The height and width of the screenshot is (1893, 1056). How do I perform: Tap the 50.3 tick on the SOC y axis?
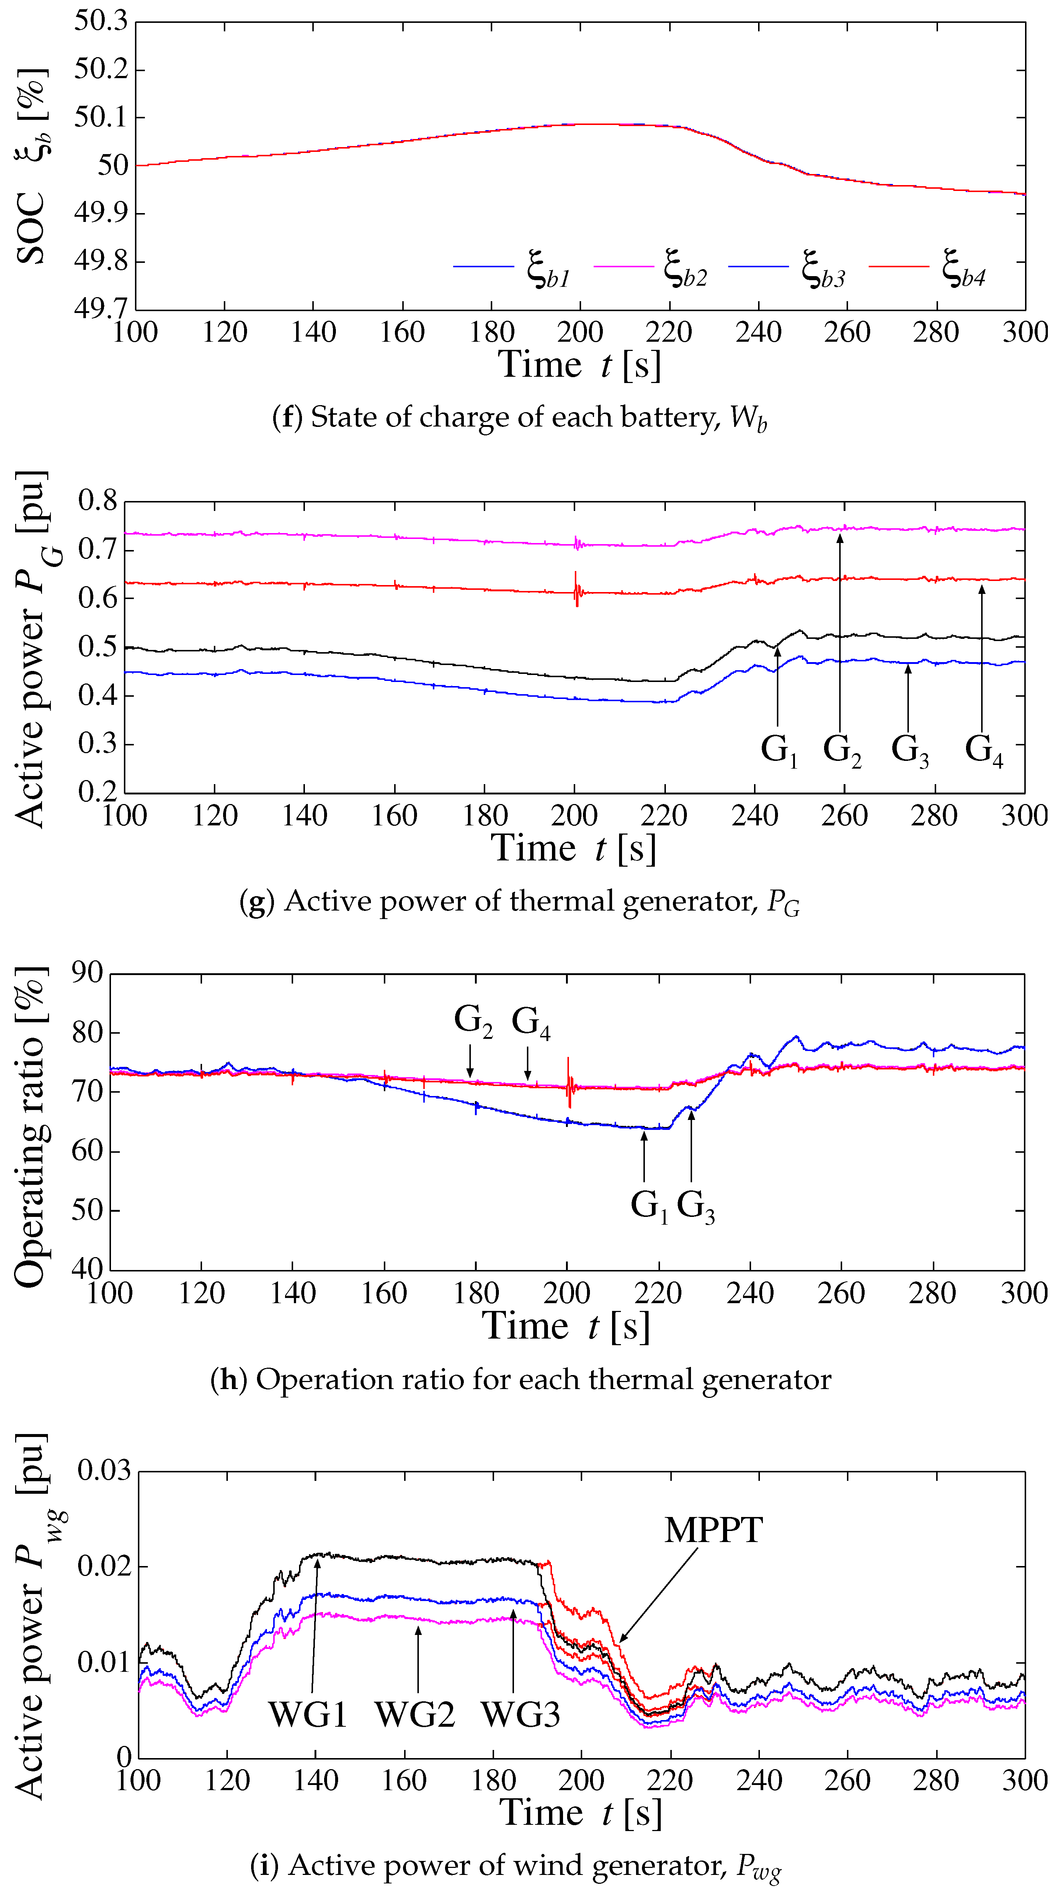(x=101, y=21)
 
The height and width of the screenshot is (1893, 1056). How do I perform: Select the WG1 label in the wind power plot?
(x=307, y=1715)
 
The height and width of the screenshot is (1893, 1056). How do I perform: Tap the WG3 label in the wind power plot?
(x=520, y=1715)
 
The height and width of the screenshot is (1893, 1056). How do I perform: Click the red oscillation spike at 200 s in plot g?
(x=576, y=589)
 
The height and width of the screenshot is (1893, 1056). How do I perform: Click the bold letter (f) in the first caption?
(x=286, y=417)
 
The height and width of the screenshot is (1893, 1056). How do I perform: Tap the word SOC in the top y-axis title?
(x=29, y=228)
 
